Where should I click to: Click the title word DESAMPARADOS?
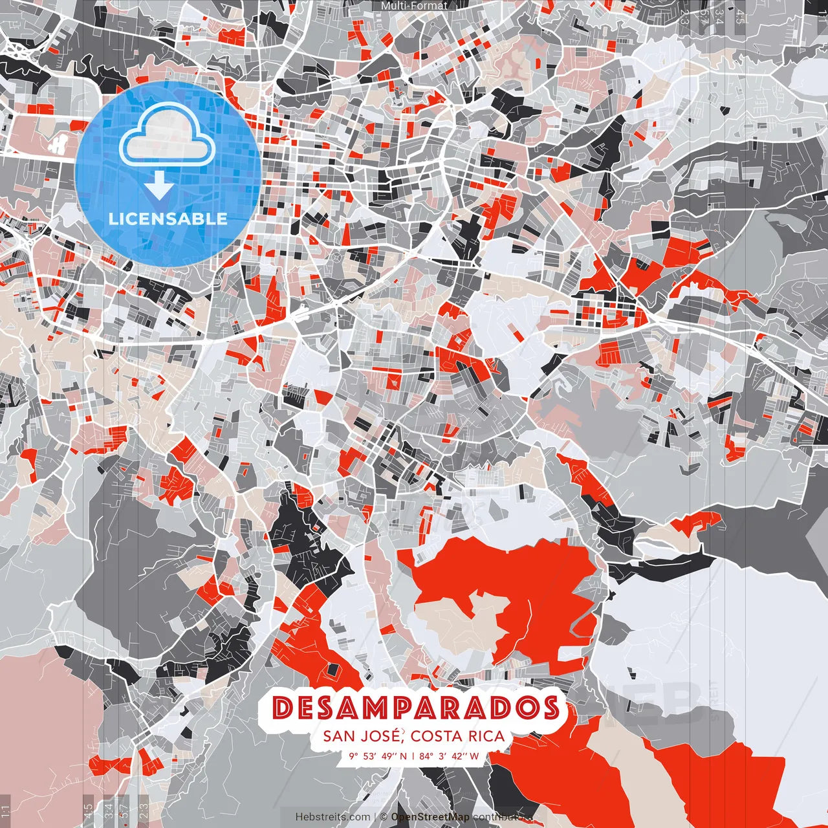pyautogui.click(x=415, y=708)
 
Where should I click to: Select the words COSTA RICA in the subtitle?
pyautogui.click(x=458, y=736)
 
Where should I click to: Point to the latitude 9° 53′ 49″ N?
pyautogui.click(x=378, y=756)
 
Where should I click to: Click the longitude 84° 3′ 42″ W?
pyautogui.click(x=449, y=756)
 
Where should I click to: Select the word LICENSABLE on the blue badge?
pyautogui.click(x=168, y=219)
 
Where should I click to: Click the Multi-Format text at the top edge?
pyautogui.click(x=414, y=6)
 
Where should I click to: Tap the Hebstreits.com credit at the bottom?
pyautogui.click(x=332, y=817)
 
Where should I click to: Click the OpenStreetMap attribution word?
pyautogui.click(x=430, y=817)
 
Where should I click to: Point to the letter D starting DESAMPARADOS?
pyautogui.click(x=283, y=708)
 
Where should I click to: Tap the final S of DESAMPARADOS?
pyautogui.click(x=551, y=708)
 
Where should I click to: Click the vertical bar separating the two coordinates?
pyautogui.click(x=413, y=756)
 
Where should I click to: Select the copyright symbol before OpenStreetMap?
pyautogui.click(x=384, y=817)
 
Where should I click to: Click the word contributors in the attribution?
pyautogui.click(x=497, y=817)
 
